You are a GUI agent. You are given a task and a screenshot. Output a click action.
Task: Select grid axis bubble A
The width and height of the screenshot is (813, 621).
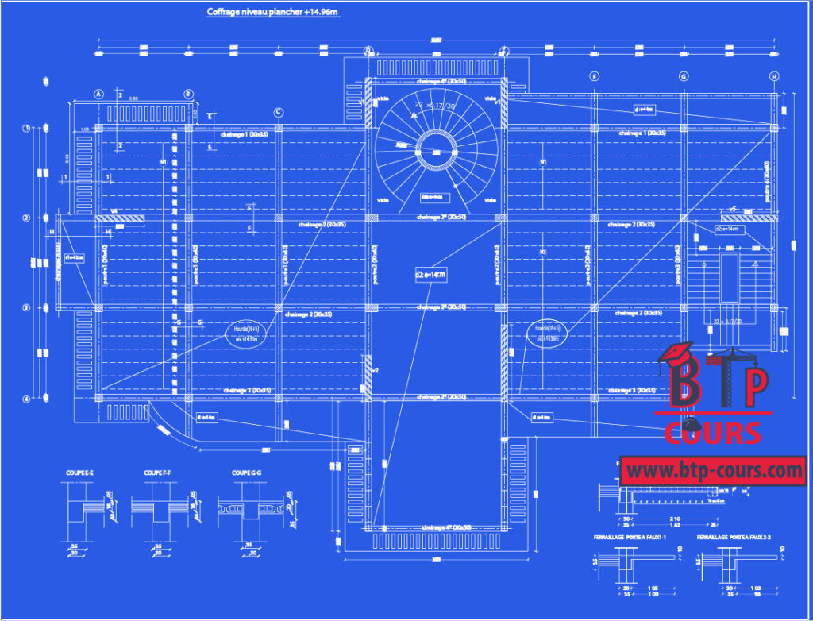(x=99, y=94)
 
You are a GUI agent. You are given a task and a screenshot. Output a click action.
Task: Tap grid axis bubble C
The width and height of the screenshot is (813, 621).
(x=279, y=112)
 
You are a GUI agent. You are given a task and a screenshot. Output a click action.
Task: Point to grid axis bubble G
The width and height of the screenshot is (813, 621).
(x=683, y=76)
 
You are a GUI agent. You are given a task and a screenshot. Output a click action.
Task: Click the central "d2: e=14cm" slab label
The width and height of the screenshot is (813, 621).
(x=430, y=274)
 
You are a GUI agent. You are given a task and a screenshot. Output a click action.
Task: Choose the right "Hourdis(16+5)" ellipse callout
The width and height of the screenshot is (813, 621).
(x=548, y=332)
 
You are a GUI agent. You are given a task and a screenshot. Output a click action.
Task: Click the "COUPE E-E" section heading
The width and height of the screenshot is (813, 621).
(x=79, y=473)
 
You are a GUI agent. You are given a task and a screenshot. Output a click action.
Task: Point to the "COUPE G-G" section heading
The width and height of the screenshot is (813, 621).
(x=247, y=473)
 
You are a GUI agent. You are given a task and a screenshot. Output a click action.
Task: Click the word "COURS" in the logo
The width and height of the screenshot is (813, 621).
(x=713, y=433)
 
